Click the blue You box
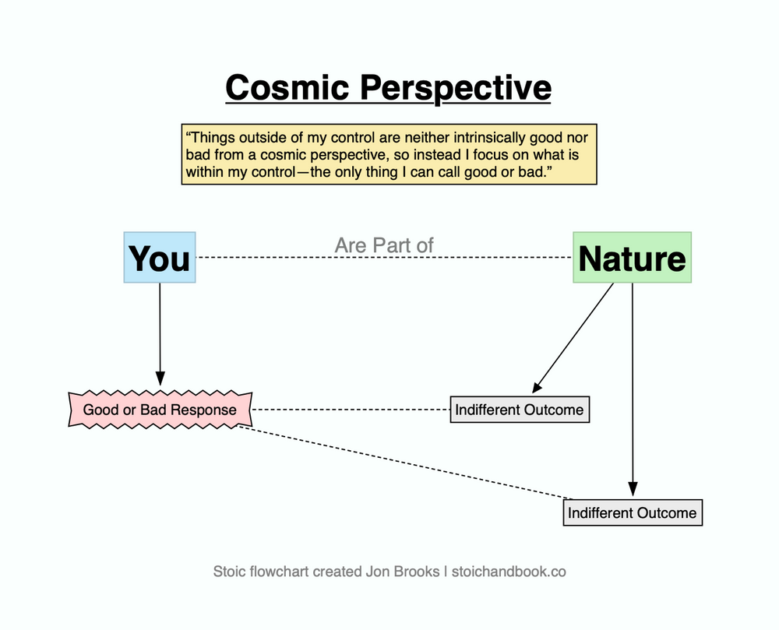(x=160, y=257)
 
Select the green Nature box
(x=632, y=257)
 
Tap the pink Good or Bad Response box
(x=160, y=410)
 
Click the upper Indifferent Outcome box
(x=520, y=410)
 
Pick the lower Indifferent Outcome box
(x=632, y=512)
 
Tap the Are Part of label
(x=384, y=245)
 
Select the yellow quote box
(x=389, y=153)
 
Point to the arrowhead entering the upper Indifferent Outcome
(x=537, y=389)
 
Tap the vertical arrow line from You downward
(x=160, y=327)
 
